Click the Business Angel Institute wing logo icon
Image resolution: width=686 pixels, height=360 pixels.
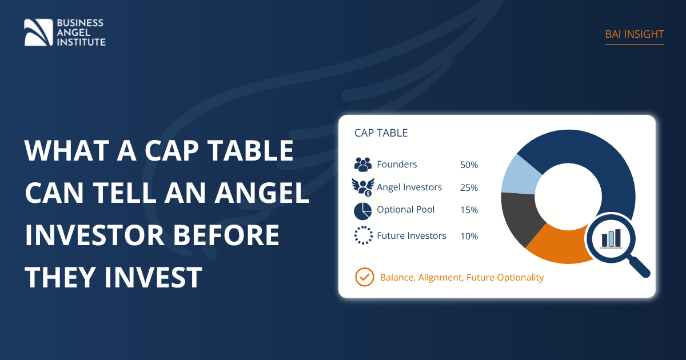[x=38, y=33]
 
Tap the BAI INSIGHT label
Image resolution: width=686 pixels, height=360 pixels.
[x=634, y=34]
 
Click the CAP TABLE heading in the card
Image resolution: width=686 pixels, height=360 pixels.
[x=381, y=133]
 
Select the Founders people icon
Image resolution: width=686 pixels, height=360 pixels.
[x=363, y=165]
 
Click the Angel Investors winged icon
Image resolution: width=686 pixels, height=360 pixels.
[x=363, y=187]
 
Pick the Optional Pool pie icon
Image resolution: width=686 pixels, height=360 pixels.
[x=363, y=211]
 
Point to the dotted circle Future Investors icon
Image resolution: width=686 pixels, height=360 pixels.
[x=364, y=235]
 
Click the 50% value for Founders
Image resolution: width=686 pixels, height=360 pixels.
[x=469, y=165]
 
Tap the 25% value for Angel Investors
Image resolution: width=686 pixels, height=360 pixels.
[x=469, y=187]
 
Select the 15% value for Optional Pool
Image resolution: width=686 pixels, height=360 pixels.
[x=469, y=210]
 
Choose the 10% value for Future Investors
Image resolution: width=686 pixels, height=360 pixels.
[x=469, y=237]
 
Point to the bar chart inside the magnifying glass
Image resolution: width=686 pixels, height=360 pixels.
[x=611, y=238]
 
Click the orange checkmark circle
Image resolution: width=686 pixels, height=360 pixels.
[x=365, y=277]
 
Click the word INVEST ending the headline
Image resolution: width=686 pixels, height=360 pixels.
[x=153, y=277]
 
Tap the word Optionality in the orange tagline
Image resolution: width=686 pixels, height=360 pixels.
[x=520, y=278]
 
